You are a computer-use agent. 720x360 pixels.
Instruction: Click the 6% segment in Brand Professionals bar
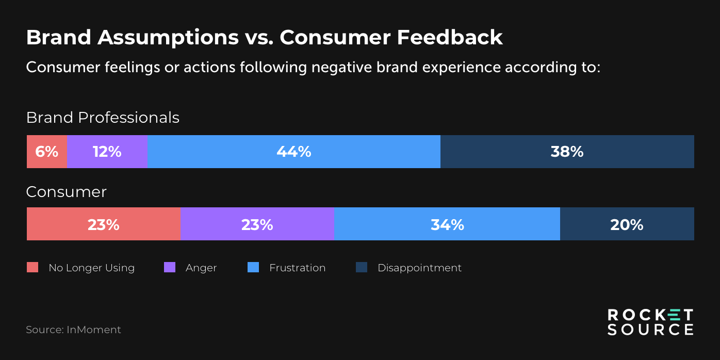(x=46, y=152)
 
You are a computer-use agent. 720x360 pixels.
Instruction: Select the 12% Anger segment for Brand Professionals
(x=107, y=152)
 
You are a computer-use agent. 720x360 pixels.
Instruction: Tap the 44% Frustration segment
(x=293, y=152)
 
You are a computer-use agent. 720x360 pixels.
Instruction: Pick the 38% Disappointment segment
(x=567, y=152)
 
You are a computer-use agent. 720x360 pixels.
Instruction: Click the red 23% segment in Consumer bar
(x=103, y=224)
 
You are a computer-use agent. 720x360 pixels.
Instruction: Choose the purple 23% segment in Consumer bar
(x=257, y=224)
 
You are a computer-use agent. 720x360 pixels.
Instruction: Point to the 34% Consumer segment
(x=447, y=224)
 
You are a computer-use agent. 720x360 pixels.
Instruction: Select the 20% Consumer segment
(x=627, y=224)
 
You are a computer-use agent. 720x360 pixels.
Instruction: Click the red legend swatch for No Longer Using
(x=32, y=267)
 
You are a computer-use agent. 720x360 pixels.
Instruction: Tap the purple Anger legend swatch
(x=169, y=267)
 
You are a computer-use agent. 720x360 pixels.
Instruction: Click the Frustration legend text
(x=297, y=268)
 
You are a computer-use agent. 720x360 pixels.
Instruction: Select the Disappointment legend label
(x=419, y=268)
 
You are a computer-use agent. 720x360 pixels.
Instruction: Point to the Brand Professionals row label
(x=103, y=118)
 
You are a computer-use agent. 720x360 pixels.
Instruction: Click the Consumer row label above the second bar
(x=66, y=192)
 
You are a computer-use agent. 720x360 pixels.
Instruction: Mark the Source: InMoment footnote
(x=73, y=330)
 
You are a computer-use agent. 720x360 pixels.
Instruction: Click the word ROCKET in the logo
(x=650, y=315)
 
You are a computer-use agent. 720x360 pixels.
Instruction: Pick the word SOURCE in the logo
(x=650, y=330)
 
